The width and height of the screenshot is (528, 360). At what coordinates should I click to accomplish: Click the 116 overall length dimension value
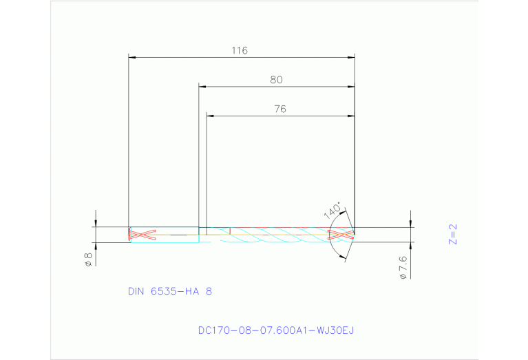pyautogui.click(x=239, y=50)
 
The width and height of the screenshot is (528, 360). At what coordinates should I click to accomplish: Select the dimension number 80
pyautogui.click(x=276, y=80)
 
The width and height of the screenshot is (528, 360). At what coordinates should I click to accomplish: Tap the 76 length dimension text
pyautogui.click(x=279, y=109)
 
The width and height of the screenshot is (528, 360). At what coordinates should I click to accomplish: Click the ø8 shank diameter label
pyautogui.click(x=88, y=259)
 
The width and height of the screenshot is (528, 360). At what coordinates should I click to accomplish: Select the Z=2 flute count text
pyautogui.click(x=452, y=235)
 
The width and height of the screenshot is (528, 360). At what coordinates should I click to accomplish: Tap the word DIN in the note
pyautogui.click(x=136, y=291)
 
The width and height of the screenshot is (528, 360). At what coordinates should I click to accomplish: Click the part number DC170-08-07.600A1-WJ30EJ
pyautogui.click(x=275, y=330)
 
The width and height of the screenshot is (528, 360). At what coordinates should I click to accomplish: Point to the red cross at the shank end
pyautogui.click(x=142, y=235)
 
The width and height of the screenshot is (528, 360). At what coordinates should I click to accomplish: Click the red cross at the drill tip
pyautogui.click(x=341, y=235)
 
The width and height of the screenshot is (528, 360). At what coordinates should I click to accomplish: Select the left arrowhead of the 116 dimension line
pyautogui.click(x=134, y=57)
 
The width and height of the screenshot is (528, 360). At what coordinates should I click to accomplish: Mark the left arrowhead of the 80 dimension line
pyautogui.click(x=203, y=87)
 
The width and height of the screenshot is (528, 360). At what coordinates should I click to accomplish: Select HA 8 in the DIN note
pyautogui.click(x=199, y=291)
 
